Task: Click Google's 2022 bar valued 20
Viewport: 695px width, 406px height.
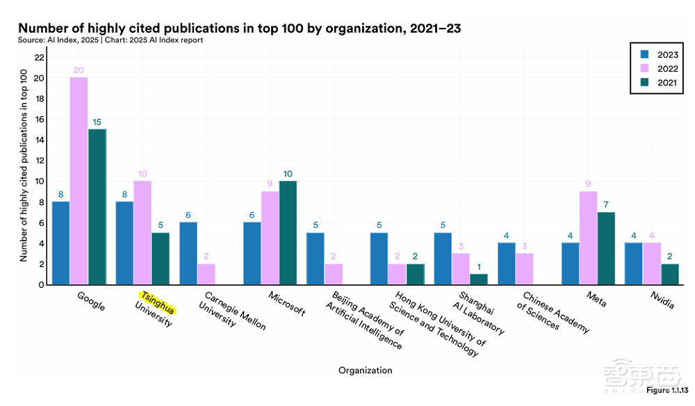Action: click(x=79, y=181)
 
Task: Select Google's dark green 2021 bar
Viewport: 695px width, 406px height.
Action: click(x=97, y=206)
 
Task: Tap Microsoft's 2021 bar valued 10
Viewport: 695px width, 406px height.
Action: click(x=288, y=233)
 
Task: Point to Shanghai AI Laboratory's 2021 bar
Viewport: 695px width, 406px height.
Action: click(x=478, y=279)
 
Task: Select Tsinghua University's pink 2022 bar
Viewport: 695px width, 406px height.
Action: click(x=142, y=233)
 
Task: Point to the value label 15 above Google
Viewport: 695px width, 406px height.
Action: click(x=97, y=122)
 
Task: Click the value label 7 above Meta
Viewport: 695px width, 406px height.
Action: click(x=605, y=205)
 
